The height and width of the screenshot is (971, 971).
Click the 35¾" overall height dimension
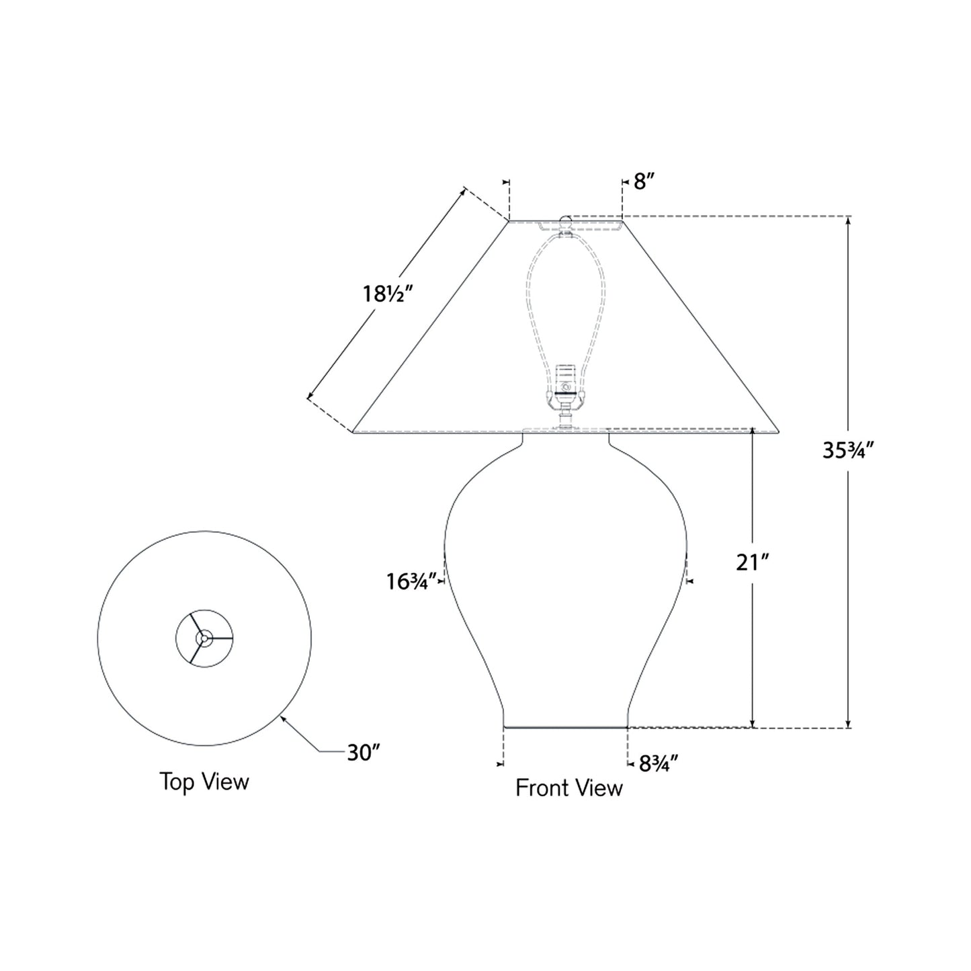847,450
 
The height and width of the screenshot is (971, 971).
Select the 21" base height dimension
751,562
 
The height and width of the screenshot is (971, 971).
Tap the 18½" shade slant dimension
387,294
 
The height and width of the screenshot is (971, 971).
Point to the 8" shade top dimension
643,181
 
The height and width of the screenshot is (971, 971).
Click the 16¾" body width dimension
412,581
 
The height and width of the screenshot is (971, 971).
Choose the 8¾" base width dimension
658,763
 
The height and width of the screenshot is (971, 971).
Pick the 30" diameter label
364,753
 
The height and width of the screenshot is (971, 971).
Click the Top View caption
204,782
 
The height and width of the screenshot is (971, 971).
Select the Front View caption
568,788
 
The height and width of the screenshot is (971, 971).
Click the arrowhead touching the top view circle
283,718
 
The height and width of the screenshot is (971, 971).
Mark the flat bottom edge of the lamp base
565,727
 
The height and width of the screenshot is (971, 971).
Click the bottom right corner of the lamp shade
778,433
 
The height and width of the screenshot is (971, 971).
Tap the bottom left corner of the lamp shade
353,433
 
